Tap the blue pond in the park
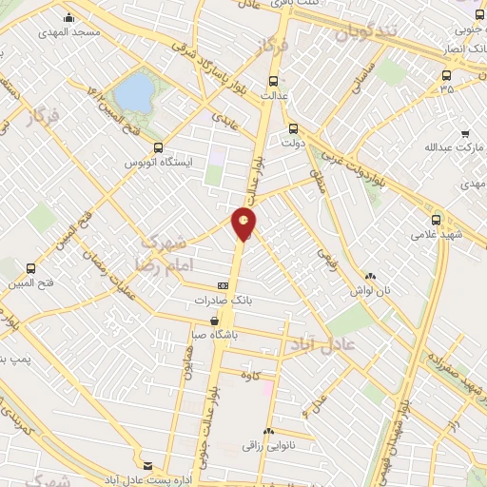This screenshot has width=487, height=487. pyautogui.click(x=135, y=92)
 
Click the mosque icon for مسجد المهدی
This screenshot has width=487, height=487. pyautogui.click(x=68, y=17)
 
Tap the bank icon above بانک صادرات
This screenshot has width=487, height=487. pyautogui.click(x=224, y=284)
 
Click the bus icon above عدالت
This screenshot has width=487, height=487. pyautogui.click(x=272, y=81)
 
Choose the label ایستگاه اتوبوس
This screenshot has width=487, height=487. pyautogui.click(x=161, y=163)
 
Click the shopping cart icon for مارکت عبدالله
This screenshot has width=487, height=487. pyautogui.click(x=464, y=133)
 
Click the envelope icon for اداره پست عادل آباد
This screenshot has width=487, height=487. pyautogui.click(x=147, y=464)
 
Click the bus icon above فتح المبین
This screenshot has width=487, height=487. pyautogui.click(x=32, y=268)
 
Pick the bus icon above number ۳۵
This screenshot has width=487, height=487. pyautogui.click(x=446, y=75)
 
